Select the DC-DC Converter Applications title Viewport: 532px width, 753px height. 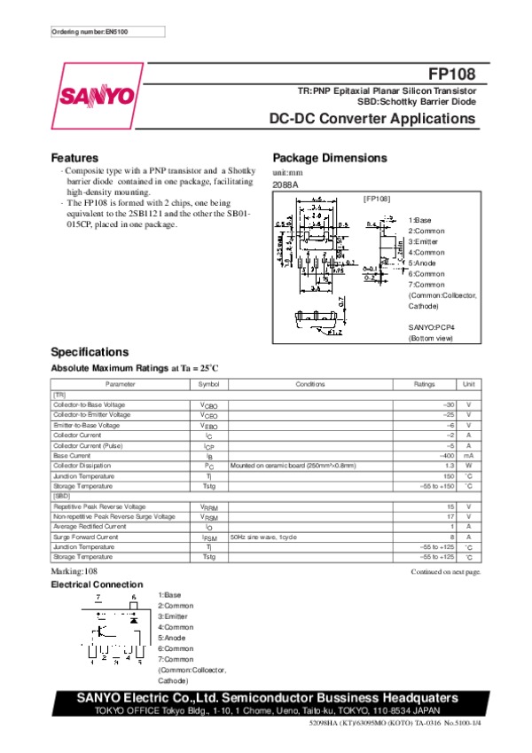click(373, 118)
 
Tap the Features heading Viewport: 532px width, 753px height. click(74, 158)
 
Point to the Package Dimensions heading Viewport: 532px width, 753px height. click(330, 158)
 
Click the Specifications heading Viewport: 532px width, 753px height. click(90, 351)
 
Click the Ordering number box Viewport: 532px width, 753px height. click(107, 32)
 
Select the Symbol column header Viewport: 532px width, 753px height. click(208, 384)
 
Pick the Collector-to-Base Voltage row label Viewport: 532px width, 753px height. click(90, 404)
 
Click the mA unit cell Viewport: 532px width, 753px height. click(468, 455)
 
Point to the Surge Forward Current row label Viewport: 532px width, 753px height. click(85, 537)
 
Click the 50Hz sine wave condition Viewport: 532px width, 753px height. click(262, 537)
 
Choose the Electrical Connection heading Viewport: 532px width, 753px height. click(97, 584)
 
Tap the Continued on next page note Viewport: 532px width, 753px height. click(445, 572)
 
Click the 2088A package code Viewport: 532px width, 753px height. click(286, 184)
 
